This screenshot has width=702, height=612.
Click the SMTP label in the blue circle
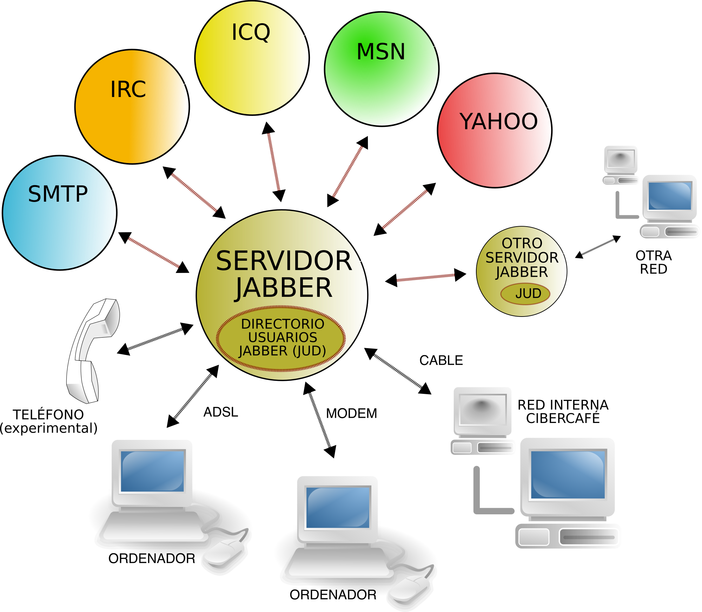click(58, 194)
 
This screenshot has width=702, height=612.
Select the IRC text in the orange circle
click(128, 89)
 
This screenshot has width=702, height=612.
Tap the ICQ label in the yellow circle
click(251, 32)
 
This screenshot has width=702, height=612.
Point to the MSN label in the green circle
click(381, 52)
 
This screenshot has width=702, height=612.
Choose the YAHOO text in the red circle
click(498, 122)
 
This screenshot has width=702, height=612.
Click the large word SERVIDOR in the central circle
click(284, 261)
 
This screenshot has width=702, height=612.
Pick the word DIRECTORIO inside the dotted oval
click(283, 324)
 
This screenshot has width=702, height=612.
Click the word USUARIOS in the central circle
click(283, 337)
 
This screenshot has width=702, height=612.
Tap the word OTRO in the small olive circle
click(522, 243)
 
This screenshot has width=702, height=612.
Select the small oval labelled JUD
click(525, 294)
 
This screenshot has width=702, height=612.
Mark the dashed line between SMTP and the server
click(154, 252)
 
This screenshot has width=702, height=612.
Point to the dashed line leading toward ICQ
click(274, 162)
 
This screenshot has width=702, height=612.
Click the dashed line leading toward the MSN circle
click(347, 171)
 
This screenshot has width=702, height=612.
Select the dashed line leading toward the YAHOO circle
click(405, 209)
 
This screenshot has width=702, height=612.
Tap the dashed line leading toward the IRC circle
click(194, 193)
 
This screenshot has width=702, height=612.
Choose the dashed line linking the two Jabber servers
click(425, 278)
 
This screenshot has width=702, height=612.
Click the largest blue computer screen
click(568, 475)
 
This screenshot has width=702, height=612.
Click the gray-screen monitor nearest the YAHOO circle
click(621, 159)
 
